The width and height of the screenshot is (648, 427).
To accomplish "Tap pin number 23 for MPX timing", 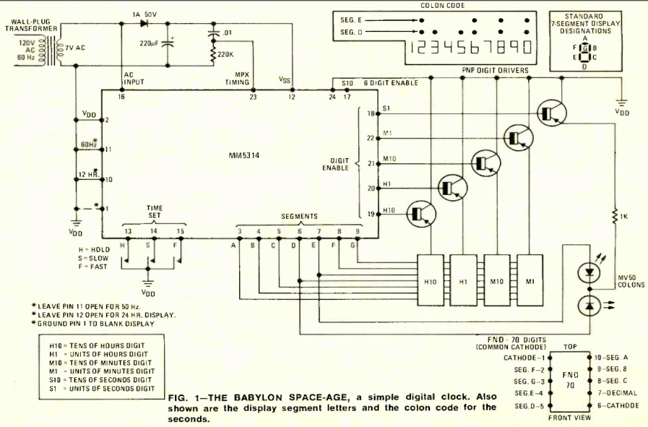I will (x=252, y=96).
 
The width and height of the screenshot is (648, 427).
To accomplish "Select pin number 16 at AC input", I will (x=121, y=96).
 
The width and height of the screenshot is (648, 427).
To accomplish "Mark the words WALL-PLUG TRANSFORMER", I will (x=28, y=24).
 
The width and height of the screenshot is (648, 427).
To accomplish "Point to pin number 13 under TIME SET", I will (x=128, y=231).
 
